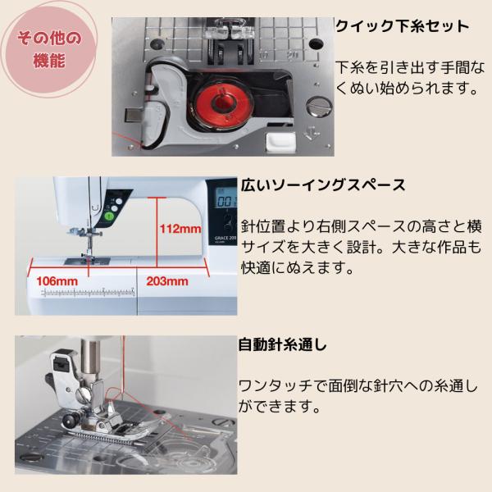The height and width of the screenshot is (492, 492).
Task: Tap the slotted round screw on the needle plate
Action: (x=319, y=106)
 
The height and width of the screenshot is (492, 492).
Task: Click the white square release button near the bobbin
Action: (x=280, y=141)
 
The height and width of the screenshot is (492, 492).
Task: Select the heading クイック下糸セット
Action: (x=402, y=26)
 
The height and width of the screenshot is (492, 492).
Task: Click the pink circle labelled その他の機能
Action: (x=48, y=48)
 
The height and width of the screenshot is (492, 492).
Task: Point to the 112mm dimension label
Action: (x=180, y=229)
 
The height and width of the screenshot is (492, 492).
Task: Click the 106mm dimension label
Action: (x=57, y=280)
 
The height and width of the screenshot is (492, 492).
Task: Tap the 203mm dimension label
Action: (x=167, y=280)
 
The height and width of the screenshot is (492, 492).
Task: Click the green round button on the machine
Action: (x=109, y=216)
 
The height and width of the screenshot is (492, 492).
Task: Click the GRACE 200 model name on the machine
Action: (x=225, y=238)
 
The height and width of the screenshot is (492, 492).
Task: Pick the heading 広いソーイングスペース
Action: (x=323, y=185)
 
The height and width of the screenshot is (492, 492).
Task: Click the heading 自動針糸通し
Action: (x=282, y=344)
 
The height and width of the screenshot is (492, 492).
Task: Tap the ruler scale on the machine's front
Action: (x=89, y=293)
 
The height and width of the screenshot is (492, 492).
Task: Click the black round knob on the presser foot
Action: (x=70, y=419)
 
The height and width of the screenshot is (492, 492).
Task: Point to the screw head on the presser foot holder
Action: (x=82, y=395)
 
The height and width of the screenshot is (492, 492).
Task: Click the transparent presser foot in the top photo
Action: (x=225, y=29)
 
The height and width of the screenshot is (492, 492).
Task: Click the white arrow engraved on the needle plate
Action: (x=312, y=134)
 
